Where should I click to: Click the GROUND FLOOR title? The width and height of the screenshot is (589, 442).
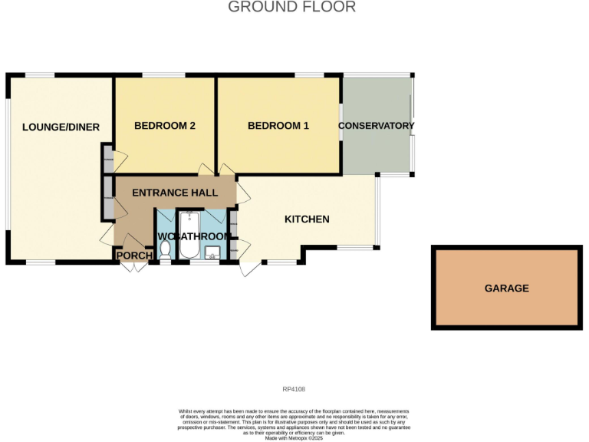click(292, 8)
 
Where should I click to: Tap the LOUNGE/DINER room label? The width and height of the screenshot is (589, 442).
click(61, 127)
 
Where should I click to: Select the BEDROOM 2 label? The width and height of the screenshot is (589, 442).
click(165, 126)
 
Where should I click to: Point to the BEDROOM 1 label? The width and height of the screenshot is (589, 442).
click(278, 126)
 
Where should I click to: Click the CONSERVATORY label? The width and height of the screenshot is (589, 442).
click(376, 126)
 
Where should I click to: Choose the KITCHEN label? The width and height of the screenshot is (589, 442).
click(307, 219)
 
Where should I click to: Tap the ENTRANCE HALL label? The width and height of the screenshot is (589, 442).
click(175, 193)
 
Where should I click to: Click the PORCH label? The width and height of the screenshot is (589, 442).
click(133, 256)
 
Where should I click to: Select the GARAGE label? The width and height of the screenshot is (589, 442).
click(506, 289)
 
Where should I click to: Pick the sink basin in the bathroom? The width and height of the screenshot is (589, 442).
click(212, 251)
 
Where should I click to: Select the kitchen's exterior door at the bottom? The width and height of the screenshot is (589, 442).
click(249, 268)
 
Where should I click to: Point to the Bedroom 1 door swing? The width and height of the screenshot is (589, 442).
click(228, 170)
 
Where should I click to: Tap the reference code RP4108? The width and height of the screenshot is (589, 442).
click(294, 389)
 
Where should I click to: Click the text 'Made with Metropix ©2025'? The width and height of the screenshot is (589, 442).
click(294, 438)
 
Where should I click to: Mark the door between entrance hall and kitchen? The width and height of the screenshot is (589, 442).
click(242, 191)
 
